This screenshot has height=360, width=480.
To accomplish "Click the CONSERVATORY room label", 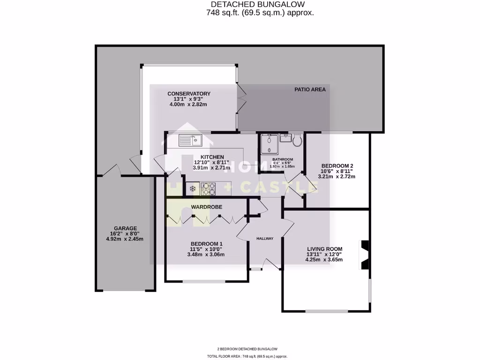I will point(189,94).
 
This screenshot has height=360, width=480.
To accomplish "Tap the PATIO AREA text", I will point(310,89).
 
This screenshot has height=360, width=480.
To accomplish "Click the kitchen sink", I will point(189,140).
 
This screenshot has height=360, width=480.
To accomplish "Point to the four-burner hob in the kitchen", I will point(208,189).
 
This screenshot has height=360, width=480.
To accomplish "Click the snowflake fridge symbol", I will point(192,189).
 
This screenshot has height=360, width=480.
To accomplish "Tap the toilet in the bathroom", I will point(297,139).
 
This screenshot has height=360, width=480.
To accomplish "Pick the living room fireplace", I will point(364,255).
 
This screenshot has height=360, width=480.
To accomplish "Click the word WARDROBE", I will point(206,207).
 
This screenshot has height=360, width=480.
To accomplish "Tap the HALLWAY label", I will point(264,239).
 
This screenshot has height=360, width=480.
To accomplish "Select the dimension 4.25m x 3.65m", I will point(324,259).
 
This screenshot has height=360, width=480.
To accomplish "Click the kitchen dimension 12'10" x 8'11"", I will point(212,162).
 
